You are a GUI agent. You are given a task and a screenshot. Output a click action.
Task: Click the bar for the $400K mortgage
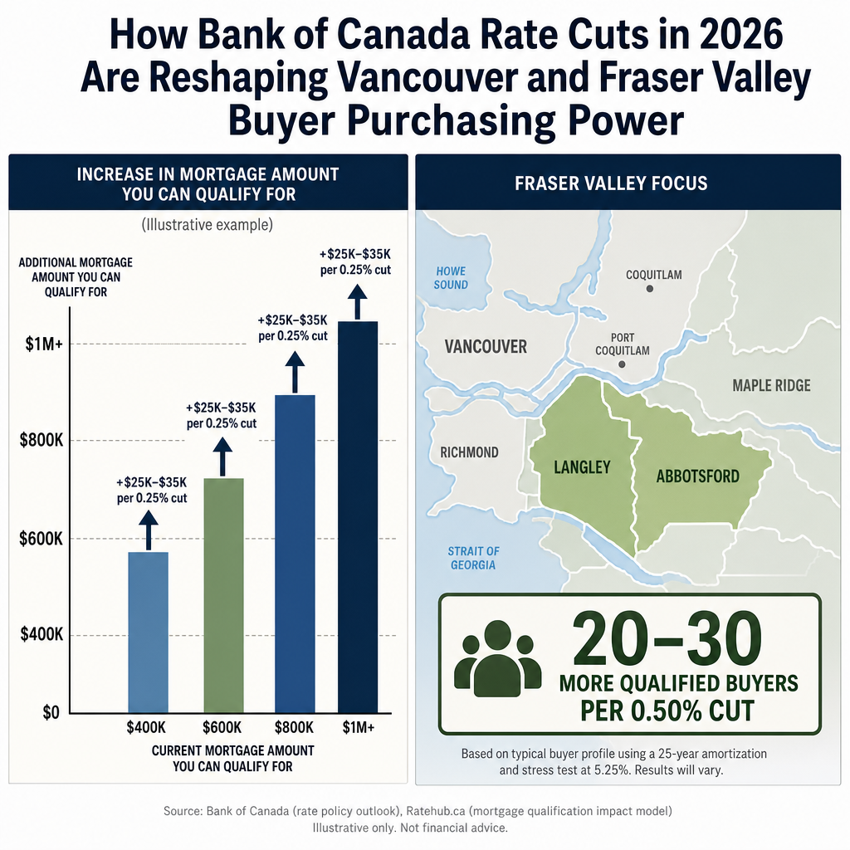[148, 632]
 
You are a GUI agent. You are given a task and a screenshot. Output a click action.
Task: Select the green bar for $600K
[223, 595]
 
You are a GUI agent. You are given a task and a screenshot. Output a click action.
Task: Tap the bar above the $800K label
[295, 554]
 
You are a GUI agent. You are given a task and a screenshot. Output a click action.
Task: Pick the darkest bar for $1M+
[358, 517]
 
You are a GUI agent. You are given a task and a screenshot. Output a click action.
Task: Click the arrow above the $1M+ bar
[357, 302]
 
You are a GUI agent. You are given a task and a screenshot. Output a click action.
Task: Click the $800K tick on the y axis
[42, 440]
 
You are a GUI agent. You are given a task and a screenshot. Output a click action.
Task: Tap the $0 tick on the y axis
[51, 713]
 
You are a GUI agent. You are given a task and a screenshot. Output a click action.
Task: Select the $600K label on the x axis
[222, 727]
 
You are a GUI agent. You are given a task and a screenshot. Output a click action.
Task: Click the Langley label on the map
[582, 467]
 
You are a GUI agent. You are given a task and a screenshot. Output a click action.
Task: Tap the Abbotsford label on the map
[697, 476]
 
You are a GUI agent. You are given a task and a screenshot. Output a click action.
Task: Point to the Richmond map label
[470, 452]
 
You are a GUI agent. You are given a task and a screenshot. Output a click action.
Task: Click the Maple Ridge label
[771, 385]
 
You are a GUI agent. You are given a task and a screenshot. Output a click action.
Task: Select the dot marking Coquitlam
[649, 288]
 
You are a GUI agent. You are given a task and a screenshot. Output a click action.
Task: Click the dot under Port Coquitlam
[622, 364]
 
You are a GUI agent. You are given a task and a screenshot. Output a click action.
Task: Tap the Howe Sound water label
[451, 278]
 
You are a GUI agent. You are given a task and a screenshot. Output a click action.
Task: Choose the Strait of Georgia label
[473, 559]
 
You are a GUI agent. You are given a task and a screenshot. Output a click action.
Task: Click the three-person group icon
[498, 658]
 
